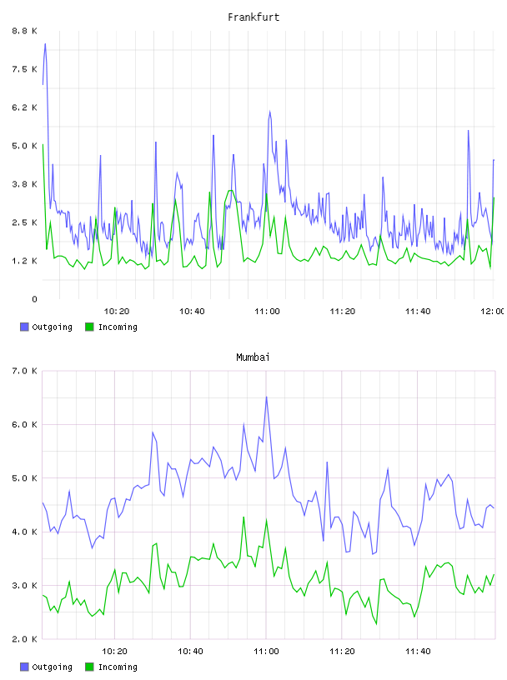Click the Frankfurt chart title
point(254,17)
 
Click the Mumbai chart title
point(253,357)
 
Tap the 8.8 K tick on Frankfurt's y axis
point(25,31)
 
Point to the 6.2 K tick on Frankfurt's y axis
point(25,107)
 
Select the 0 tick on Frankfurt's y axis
point(35,299)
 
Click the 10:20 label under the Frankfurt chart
point(117,312)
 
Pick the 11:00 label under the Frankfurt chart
point(267,312)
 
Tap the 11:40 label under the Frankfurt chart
point(418,312)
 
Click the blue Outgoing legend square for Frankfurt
point(24,327)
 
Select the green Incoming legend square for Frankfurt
point(89,327)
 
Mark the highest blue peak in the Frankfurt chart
point(45,44)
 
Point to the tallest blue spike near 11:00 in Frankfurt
point(269,112)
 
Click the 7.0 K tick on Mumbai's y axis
point(25,371)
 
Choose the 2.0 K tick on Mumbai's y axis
point(25,639)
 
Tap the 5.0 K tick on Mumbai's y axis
point(25,478)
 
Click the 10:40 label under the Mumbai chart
point(190,652)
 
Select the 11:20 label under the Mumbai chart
point(342,652)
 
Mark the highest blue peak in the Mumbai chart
point(266,397)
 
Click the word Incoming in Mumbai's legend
point(118,667)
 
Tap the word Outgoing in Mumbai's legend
point(52,667)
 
